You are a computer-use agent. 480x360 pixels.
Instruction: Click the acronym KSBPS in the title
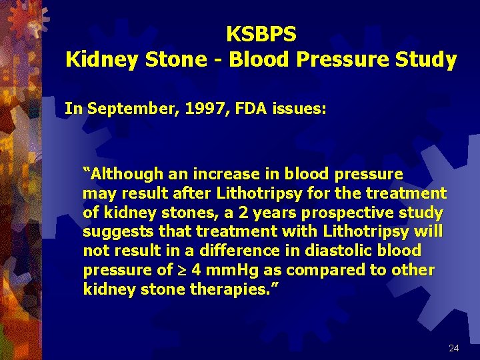pos(261,33)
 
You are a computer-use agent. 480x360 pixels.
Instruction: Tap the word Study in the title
pos(424,59)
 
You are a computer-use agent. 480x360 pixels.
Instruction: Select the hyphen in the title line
pos(217,60)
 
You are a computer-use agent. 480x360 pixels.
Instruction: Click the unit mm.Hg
pos(211,271)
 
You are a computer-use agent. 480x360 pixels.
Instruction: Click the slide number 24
pos(454,349)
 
